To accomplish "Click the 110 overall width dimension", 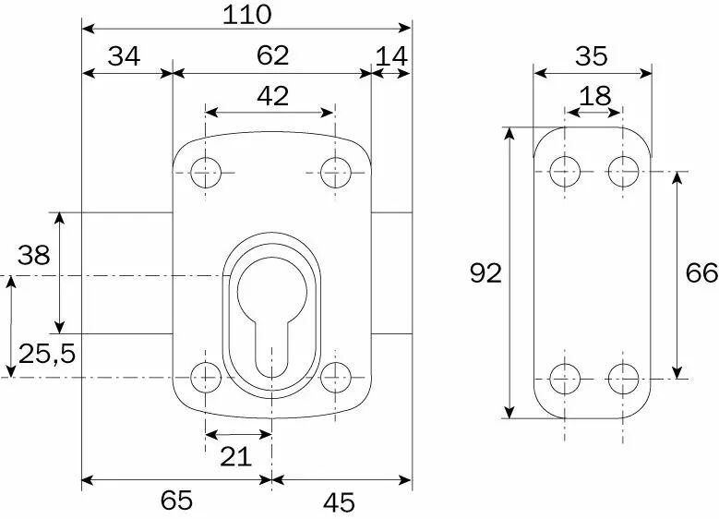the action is coord(247,15).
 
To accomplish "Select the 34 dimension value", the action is coord(124,57).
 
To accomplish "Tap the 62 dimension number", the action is coord(272,55).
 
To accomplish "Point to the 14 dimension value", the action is coord(391,57).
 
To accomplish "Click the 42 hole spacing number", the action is coord(273,96).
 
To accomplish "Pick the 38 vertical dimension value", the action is coord(33,255).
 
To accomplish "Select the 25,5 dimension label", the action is coord(47,354).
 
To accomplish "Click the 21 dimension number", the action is coord(235,457).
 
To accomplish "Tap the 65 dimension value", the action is coord(176,501).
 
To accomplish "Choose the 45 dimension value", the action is coord(339,502).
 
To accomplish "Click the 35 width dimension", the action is coord(592,56).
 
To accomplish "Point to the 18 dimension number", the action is coord(594,96).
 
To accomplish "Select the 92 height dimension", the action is coord(486,273).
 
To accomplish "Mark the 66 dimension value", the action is coord(701,273).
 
